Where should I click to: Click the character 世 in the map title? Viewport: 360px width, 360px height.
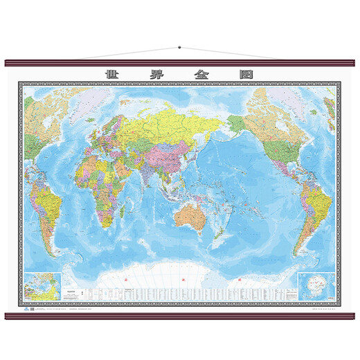click(110, 73)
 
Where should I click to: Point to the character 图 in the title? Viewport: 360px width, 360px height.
click(250, 73)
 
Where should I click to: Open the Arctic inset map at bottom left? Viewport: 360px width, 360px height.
click(42, 284)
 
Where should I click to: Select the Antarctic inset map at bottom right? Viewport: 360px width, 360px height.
click(317, 284)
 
